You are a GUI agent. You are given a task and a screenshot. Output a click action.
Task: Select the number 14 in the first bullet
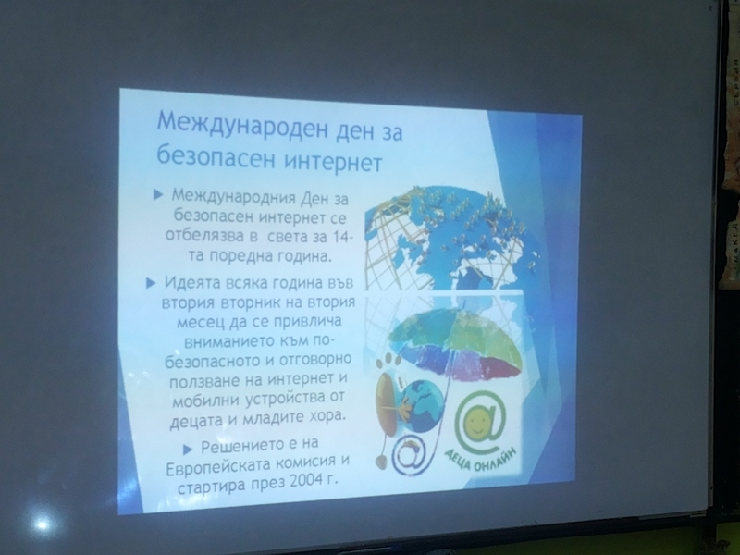pyautogui.click(x=339, y=237)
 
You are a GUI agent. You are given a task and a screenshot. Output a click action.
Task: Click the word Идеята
pyautogui.click(x=192, y=283)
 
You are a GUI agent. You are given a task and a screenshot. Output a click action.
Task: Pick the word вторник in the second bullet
pyautogui.click(x=256, y=302)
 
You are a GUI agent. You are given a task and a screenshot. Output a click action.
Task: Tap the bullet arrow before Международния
pyautogui.click(x=158, y=194)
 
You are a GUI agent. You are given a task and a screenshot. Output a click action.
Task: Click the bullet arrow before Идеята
pyautogui.click(x=151, y=283)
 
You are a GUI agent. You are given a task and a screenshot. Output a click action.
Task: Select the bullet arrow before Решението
pyautogui.click(x=188, y=450)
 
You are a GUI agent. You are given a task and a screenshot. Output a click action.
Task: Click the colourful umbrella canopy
pyautogui.click(x=453, y=341)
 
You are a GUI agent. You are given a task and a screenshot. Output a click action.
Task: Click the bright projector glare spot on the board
pyautogui.click(x=42, y=523)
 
